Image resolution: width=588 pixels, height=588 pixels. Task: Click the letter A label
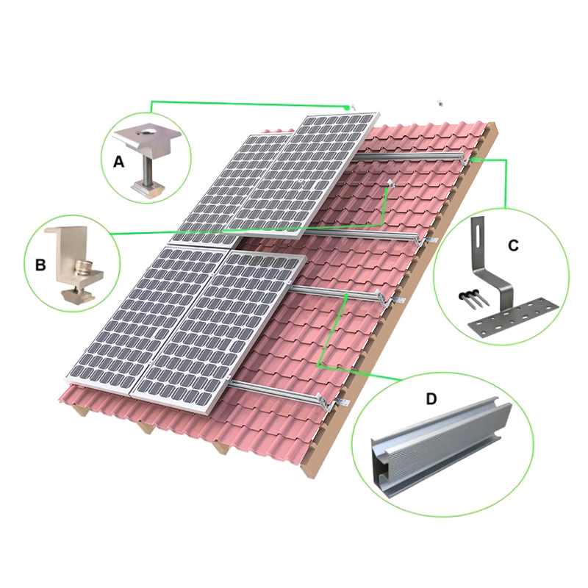pos(118,162)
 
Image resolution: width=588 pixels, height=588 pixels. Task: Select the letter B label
pos(40,265)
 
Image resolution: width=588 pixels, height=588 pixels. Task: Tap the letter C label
pos(513,245)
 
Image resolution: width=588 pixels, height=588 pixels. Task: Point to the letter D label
pos(431,398)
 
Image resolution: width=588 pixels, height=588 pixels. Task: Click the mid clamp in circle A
pos(145,157)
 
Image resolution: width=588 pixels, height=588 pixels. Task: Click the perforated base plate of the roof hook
pos(511,319)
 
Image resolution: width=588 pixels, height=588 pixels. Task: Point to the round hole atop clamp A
pos(144,132)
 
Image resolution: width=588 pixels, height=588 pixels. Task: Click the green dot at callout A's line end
pos(347,107)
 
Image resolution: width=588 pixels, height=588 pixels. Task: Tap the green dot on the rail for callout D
pos(346,296)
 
